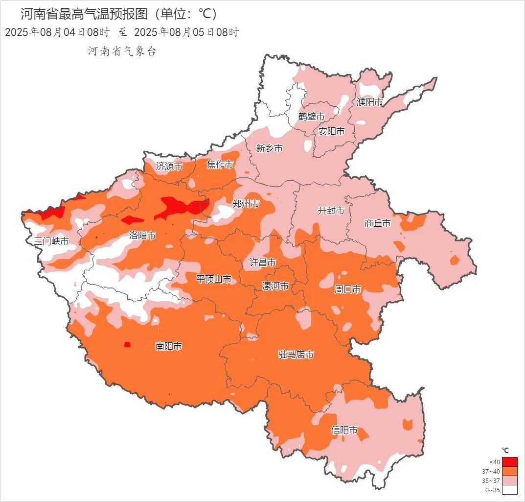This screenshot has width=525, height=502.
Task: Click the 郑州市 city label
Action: (x=246, y=204)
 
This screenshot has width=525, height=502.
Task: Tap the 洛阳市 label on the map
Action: (x=142, y=236)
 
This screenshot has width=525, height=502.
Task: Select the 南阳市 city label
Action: (x=169, y=346)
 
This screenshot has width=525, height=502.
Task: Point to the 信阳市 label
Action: (x=344, y=430)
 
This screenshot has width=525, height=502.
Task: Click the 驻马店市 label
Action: (x=296, y=354)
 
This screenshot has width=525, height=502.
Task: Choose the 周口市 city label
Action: (x=347, y=289)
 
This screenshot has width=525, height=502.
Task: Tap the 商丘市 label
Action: (x=378, y=223)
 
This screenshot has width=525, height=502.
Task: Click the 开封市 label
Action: (x=331, y=211)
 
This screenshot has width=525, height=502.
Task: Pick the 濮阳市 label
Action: (x=370, y=102)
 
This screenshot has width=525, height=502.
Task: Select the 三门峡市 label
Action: (x=51, y=241)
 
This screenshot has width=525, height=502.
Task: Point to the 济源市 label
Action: (x=169, y=167)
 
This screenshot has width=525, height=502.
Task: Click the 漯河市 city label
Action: (x=275, y=286)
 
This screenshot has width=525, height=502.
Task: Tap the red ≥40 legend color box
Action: (x=509, y=462)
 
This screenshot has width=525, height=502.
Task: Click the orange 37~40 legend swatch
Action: (x=509, y=471)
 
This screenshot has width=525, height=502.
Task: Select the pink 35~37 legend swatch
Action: (x=509, y=480)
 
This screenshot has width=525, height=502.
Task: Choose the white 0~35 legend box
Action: (x=509, y=490)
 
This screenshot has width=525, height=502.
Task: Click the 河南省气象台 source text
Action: (x=122, y=51)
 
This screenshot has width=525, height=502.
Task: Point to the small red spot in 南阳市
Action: (x=127, y=344)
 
